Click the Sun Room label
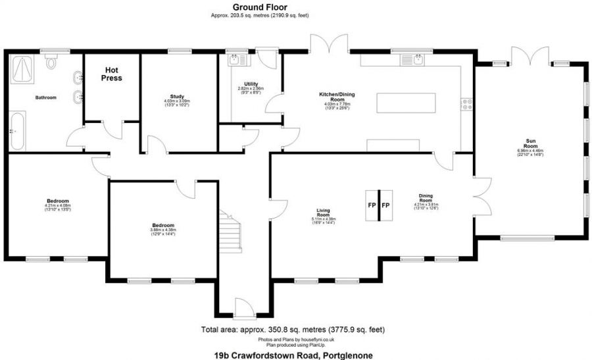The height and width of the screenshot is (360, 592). click(x=530, y=141)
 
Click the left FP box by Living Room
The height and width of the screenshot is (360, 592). click(x=372, y=205)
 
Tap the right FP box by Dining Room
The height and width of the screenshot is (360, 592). click(x=386, y=205)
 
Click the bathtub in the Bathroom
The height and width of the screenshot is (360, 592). click(x=16, y=131)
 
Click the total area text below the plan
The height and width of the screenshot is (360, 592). click(x=293, y=329)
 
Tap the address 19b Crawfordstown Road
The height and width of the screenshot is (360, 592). click(x=293, y=355)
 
